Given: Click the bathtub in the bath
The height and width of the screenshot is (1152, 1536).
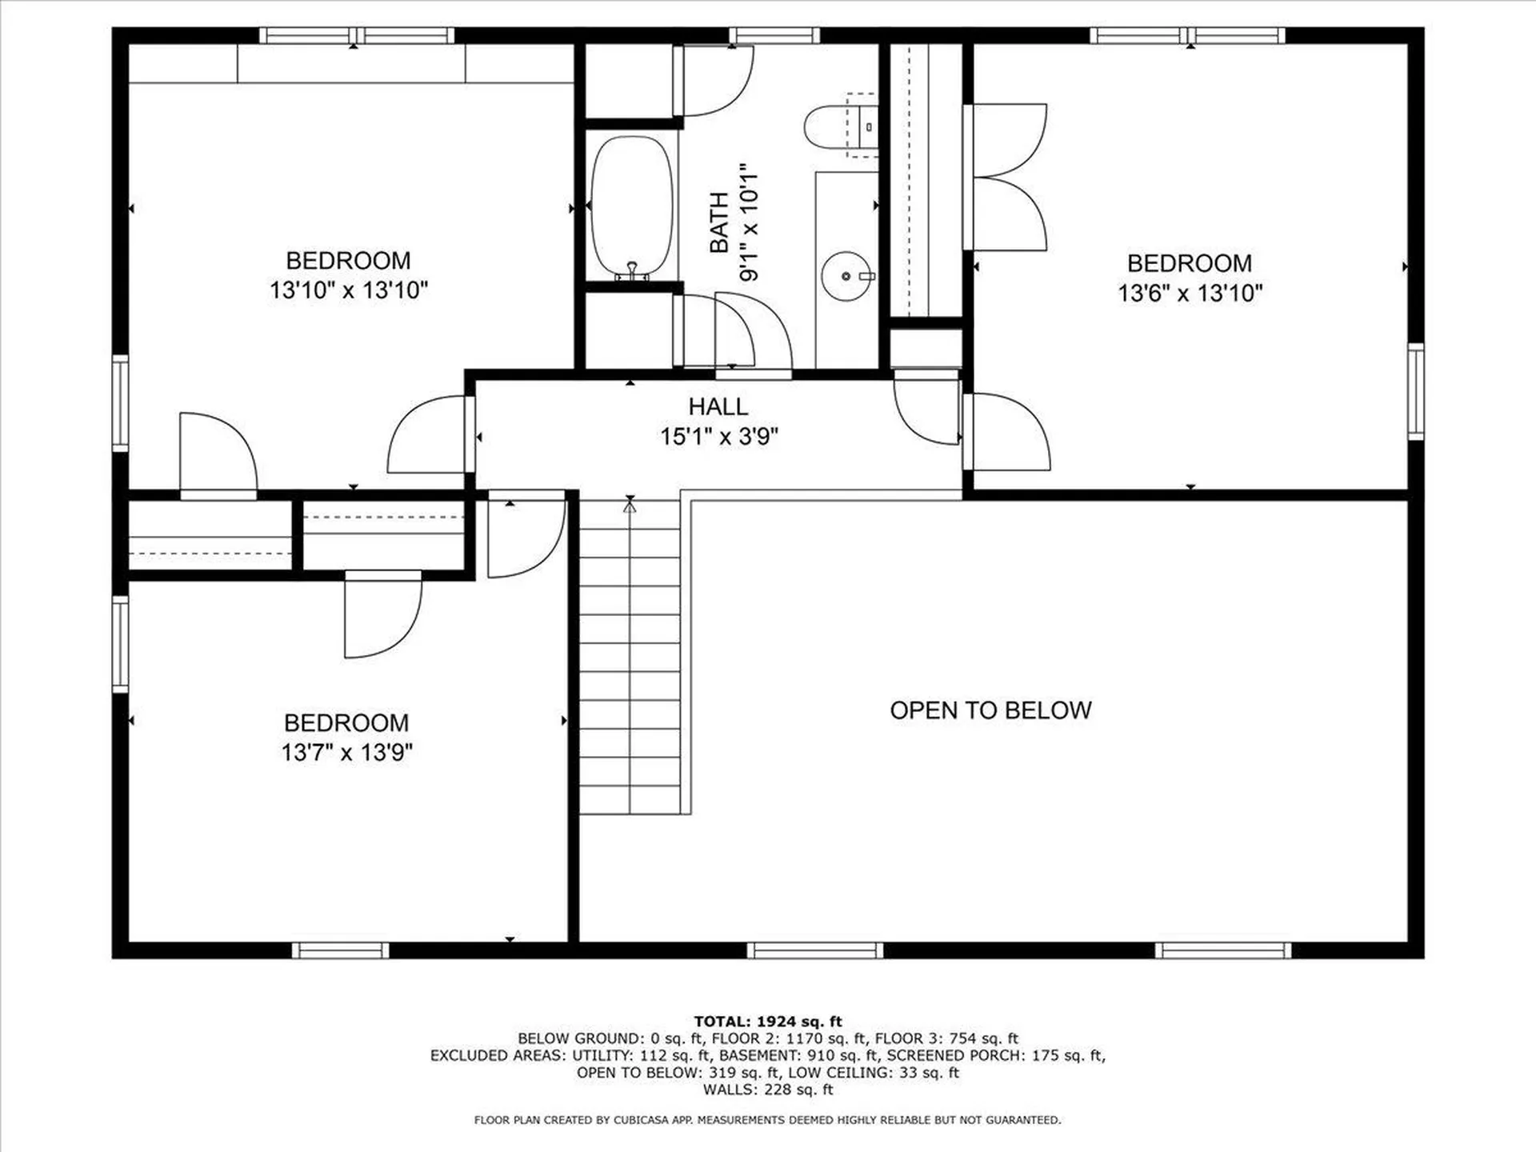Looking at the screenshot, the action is (x=631, y=208).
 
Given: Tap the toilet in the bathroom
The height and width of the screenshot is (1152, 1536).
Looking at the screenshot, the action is (x=840, y=126).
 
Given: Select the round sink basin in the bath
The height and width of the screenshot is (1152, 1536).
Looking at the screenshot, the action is (x=846, y=276).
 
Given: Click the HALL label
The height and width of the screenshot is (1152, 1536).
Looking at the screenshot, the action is (x=718, y=406).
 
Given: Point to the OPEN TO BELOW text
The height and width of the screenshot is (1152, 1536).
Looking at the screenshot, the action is (x=990, y=710).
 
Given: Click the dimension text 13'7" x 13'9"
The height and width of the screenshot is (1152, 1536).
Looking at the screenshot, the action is (x=346, y=753).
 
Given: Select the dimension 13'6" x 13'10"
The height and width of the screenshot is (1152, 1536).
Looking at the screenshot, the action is (x=1190, y=293).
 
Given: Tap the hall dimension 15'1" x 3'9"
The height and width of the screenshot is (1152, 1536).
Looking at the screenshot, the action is (x=718, y=437).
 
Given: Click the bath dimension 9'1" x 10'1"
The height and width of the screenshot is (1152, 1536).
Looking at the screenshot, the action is (x=748, y=222).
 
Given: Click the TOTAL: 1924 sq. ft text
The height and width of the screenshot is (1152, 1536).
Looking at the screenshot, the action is (x=768, y=1022).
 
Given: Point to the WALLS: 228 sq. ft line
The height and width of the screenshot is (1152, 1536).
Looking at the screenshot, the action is (x=768, y=1090).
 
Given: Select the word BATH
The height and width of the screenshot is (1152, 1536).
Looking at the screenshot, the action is (x=719, y=222).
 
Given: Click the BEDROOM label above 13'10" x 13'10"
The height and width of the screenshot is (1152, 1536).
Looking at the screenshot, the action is (x=348, y=261).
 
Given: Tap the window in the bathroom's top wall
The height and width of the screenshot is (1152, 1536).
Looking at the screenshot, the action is (x=774, y=35).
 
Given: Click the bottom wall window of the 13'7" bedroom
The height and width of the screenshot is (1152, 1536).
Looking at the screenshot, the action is (x=340, y=950).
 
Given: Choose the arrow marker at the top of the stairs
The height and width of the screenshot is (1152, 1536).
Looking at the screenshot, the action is (x=630, y=505).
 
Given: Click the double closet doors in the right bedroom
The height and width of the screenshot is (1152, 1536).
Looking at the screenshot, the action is (x=1005, y=177).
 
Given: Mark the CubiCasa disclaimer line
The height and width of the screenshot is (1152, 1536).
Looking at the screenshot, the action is (x=768, y=1120).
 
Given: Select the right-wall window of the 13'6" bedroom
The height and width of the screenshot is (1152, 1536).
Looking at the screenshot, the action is (x=1415, y=391).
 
